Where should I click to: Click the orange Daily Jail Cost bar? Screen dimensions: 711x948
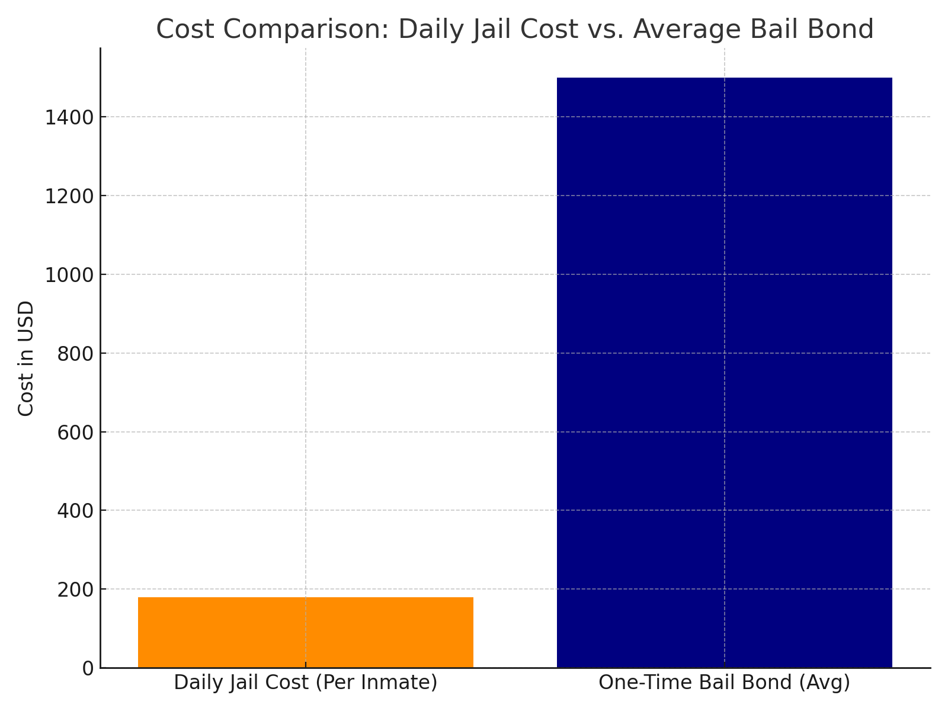(306, 632)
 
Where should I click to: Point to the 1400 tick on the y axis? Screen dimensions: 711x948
(69, 117)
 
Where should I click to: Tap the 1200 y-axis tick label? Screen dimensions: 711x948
(69, 196)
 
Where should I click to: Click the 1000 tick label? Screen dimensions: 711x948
(69, 275)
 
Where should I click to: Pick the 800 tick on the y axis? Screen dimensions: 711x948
(75, 354)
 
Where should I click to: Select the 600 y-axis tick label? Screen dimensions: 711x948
(75, 433)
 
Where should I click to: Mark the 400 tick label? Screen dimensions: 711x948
(75, 511)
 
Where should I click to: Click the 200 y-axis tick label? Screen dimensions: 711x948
(75, 590)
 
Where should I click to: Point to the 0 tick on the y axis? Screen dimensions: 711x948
(88, 668)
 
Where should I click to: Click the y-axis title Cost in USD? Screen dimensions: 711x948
(26, 358)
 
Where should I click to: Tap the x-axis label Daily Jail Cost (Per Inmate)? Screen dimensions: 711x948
(306, 683)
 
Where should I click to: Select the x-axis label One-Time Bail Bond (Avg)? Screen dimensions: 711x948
(724, 683)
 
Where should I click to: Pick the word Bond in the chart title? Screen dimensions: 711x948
(841, 30)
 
